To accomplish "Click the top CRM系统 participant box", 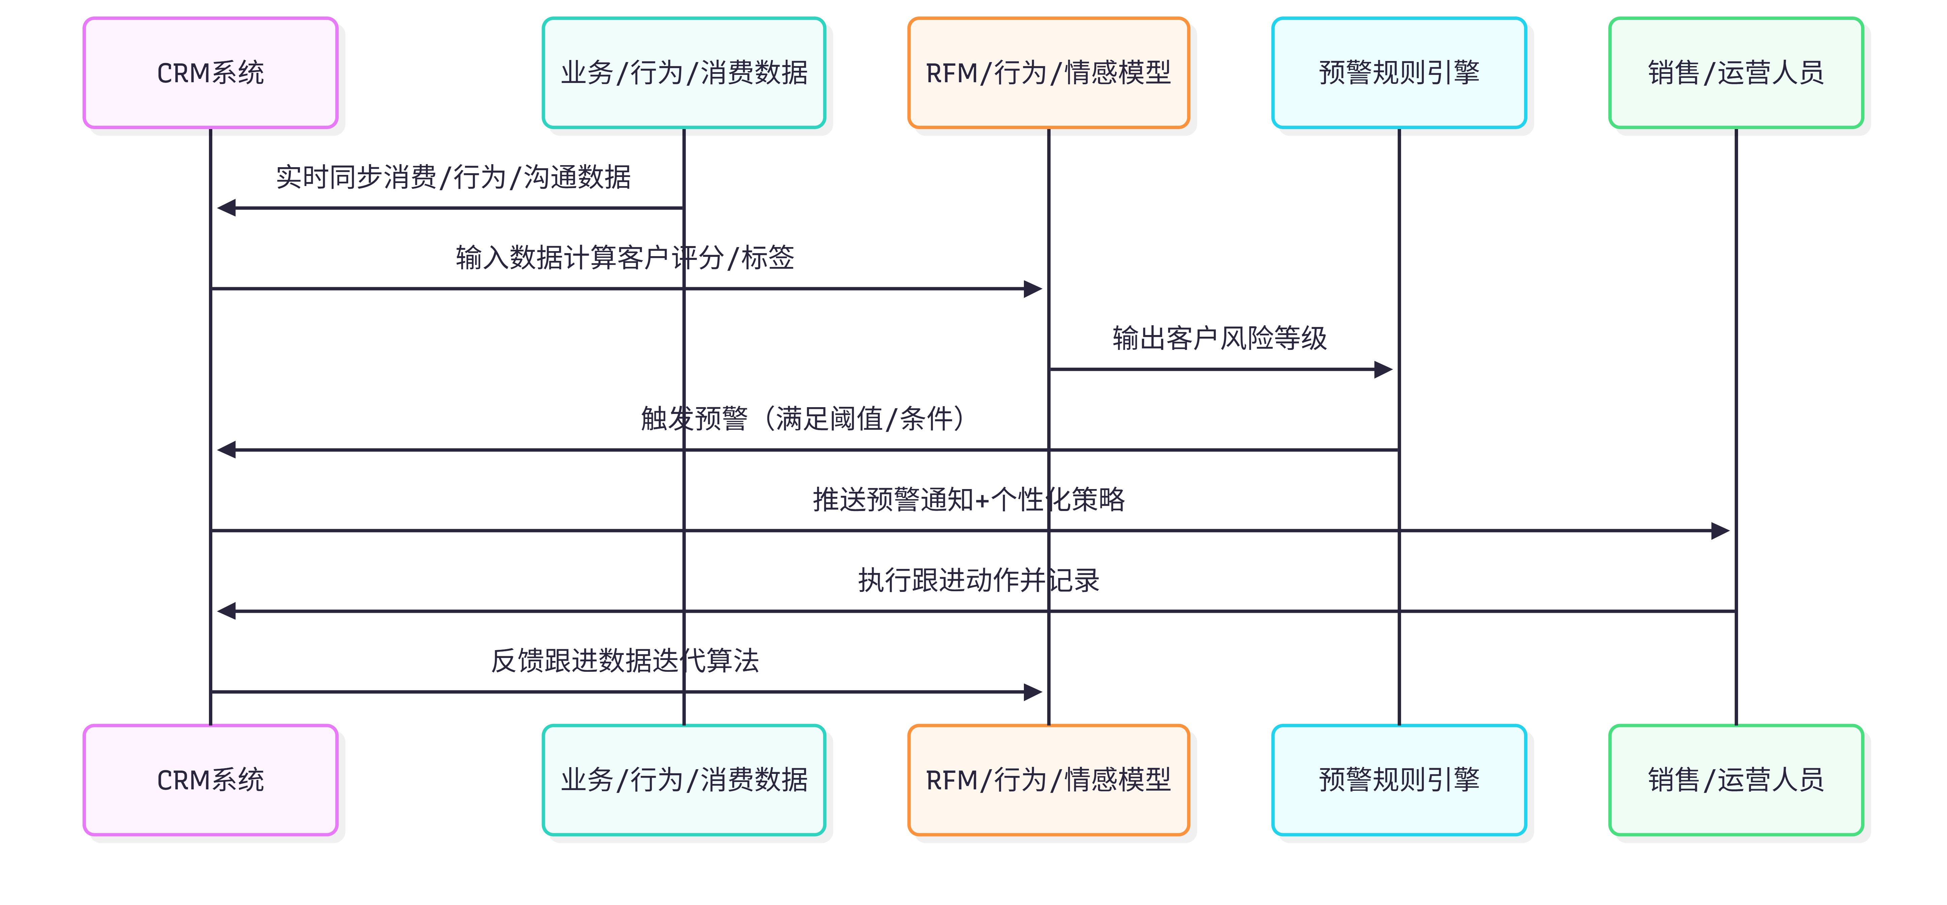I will (x=210, y=72).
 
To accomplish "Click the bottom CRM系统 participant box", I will (x=210, y=780).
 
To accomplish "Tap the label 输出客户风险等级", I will (x=1219, y=338).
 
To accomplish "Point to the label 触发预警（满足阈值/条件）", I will (x=803, y=418).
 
